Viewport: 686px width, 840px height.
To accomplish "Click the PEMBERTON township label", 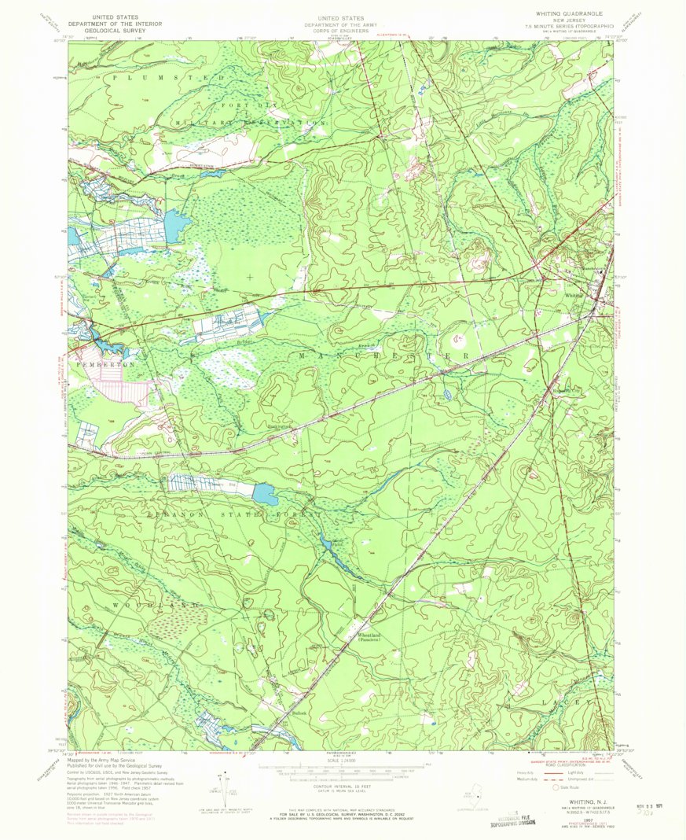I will pos(96,366).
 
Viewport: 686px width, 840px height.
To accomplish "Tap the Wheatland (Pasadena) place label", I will pos(370,637).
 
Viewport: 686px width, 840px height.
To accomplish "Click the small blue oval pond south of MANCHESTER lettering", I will pos(447,393).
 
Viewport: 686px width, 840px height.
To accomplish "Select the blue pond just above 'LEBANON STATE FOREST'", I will pos(266,495).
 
